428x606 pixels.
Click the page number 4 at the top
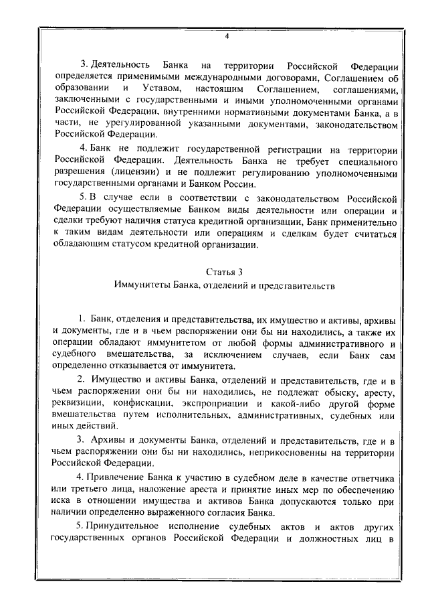(226, 36)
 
